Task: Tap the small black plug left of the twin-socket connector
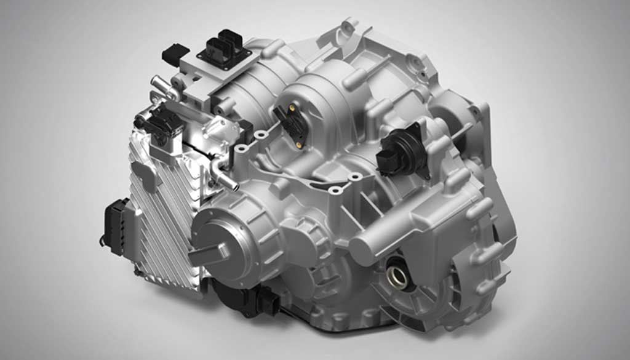pos(175,54)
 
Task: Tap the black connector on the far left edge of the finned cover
pos(116,225)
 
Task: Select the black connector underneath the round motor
pos(258,300)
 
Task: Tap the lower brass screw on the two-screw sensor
pos(299,145)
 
